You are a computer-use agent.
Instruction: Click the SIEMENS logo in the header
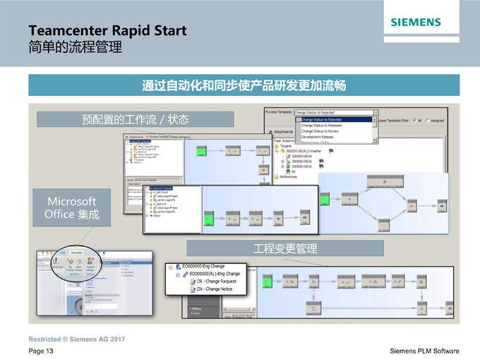point(415,23)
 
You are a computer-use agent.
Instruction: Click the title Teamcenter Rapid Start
point(108,31)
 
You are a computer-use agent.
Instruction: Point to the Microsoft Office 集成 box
point(71,207)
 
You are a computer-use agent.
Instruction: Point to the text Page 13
point(41,351)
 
